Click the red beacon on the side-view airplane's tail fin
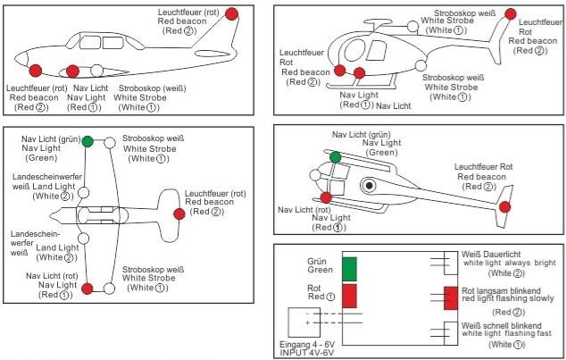[x=232, y=13]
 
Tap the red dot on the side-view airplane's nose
[x=36, y=70]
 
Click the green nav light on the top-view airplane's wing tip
[x=87, y=141]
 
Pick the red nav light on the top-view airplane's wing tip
[x=87, y=288]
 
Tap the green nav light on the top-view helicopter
[x=335, y=157]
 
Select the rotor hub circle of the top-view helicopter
[x=368, y=187]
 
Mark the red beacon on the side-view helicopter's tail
[x=510, y=13]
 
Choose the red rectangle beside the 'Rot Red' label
[x=350, y=296]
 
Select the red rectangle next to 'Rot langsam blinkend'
[x=450, y=298]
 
